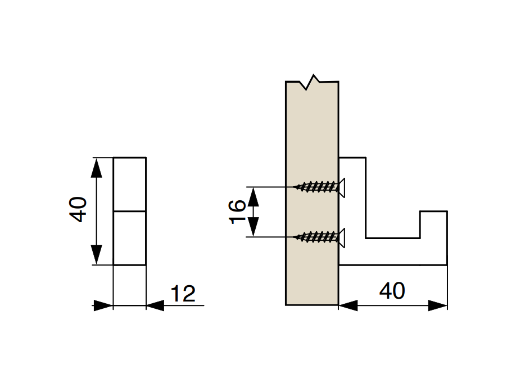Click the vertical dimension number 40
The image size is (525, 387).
point(78,209)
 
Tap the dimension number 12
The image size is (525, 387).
point(183,294)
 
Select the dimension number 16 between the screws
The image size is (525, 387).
point(237,211)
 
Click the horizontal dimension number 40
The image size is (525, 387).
point(392,290)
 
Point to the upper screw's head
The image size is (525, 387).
point(342,187)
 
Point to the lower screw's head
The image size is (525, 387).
point(342,237)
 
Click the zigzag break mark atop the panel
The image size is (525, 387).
point(312,82)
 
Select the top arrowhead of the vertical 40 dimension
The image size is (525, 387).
point(97,168)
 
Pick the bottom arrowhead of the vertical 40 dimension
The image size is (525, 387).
point(97,255)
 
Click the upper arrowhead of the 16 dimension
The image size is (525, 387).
point(254,196)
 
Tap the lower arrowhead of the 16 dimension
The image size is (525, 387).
point(254,227)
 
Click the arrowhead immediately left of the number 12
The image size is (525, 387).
point(155,305)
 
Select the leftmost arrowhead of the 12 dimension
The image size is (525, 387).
point(103,305)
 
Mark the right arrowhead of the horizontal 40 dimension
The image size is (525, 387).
point(438,305)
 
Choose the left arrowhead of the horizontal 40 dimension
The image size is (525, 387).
point(348,305)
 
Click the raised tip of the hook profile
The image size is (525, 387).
point(433,211)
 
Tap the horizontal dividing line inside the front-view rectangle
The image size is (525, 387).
point(130,211)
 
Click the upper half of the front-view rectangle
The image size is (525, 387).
point(130,184)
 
